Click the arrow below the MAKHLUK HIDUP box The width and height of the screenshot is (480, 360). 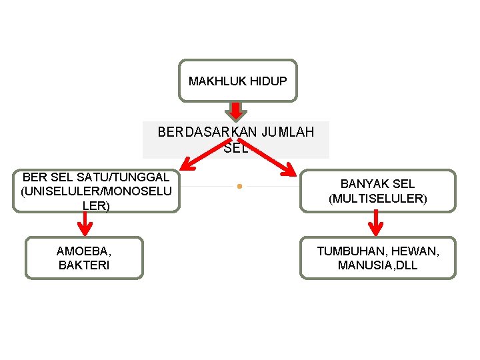point(235,111)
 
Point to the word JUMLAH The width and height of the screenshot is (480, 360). point(288,132)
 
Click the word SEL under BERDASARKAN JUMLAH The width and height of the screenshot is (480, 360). point(236,148)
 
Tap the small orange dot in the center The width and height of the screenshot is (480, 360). point(239,186)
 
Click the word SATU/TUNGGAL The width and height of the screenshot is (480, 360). point(127,177)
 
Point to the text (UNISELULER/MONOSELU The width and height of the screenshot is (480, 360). point(96,191)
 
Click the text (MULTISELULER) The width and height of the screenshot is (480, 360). point(378,198)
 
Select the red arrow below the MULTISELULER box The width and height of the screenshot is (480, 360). point(377,223)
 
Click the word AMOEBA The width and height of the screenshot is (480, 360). point(84,251)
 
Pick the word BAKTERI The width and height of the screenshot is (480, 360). point(84,265)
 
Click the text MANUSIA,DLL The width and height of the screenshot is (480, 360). point(378,265)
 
